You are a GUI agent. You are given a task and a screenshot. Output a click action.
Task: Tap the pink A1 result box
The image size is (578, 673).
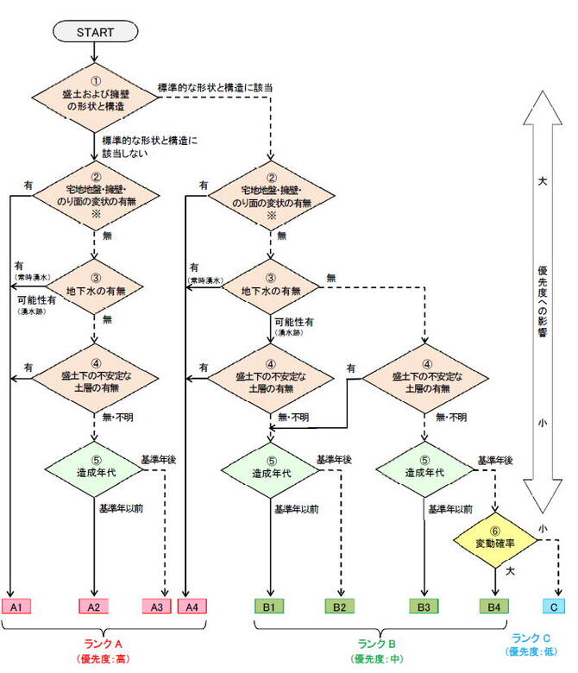pyautogui.click(x=16, y=607)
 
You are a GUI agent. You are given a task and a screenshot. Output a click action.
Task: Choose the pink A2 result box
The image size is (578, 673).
pyautogui.click(x=95, y=607)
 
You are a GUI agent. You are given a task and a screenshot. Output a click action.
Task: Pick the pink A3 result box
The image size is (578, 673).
pyautogui.click(x=156, y=607)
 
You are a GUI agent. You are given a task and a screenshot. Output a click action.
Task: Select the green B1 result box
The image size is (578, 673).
pyautogui.click(x=268, y=607)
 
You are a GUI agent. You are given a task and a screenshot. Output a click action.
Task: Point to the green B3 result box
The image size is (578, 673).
pyautogui.click(x=424, y=607)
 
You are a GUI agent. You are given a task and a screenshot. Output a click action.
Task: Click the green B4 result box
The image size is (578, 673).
pyautogui.click(x=493, y=607)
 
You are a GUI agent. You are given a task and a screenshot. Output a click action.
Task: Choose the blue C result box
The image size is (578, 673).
pyautogui.click(x=554, y=607)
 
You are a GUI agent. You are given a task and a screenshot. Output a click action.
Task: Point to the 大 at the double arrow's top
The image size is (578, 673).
pyautogui.click(x=543, y=183)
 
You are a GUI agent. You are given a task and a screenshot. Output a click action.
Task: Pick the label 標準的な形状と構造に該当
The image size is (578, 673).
pyautogui.click(x=217, y=87)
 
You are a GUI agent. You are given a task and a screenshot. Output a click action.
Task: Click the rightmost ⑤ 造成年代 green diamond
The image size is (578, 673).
pyautogui.click(x=424, y=472)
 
